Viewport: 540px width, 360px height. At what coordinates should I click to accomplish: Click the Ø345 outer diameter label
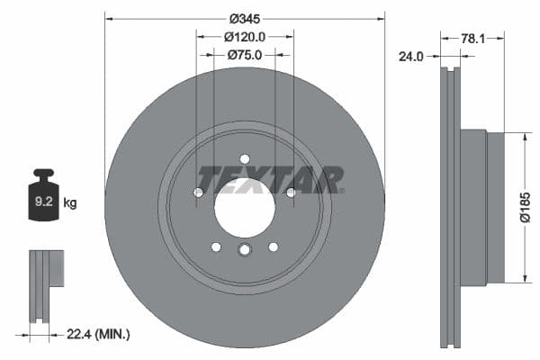pos(245,18)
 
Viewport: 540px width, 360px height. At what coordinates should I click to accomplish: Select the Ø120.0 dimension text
pos(244,37)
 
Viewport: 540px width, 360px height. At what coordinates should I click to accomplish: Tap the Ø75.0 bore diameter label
pos(244,55)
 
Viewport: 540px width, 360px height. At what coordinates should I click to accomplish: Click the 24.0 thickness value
pos(411,56)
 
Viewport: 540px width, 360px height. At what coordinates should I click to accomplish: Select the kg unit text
pos(70,203)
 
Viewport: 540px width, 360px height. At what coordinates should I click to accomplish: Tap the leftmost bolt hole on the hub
pos(199,192)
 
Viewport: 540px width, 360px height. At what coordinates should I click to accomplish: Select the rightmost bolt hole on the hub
pos(290,192)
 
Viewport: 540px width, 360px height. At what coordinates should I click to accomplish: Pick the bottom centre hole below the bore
pos(244,251)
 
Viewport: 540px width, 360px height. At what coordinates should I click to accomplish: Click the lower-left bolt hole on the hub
pos(215,247)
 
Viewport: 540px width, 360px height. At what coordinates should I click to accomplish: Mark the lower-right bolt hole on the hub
pos(274,247)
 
